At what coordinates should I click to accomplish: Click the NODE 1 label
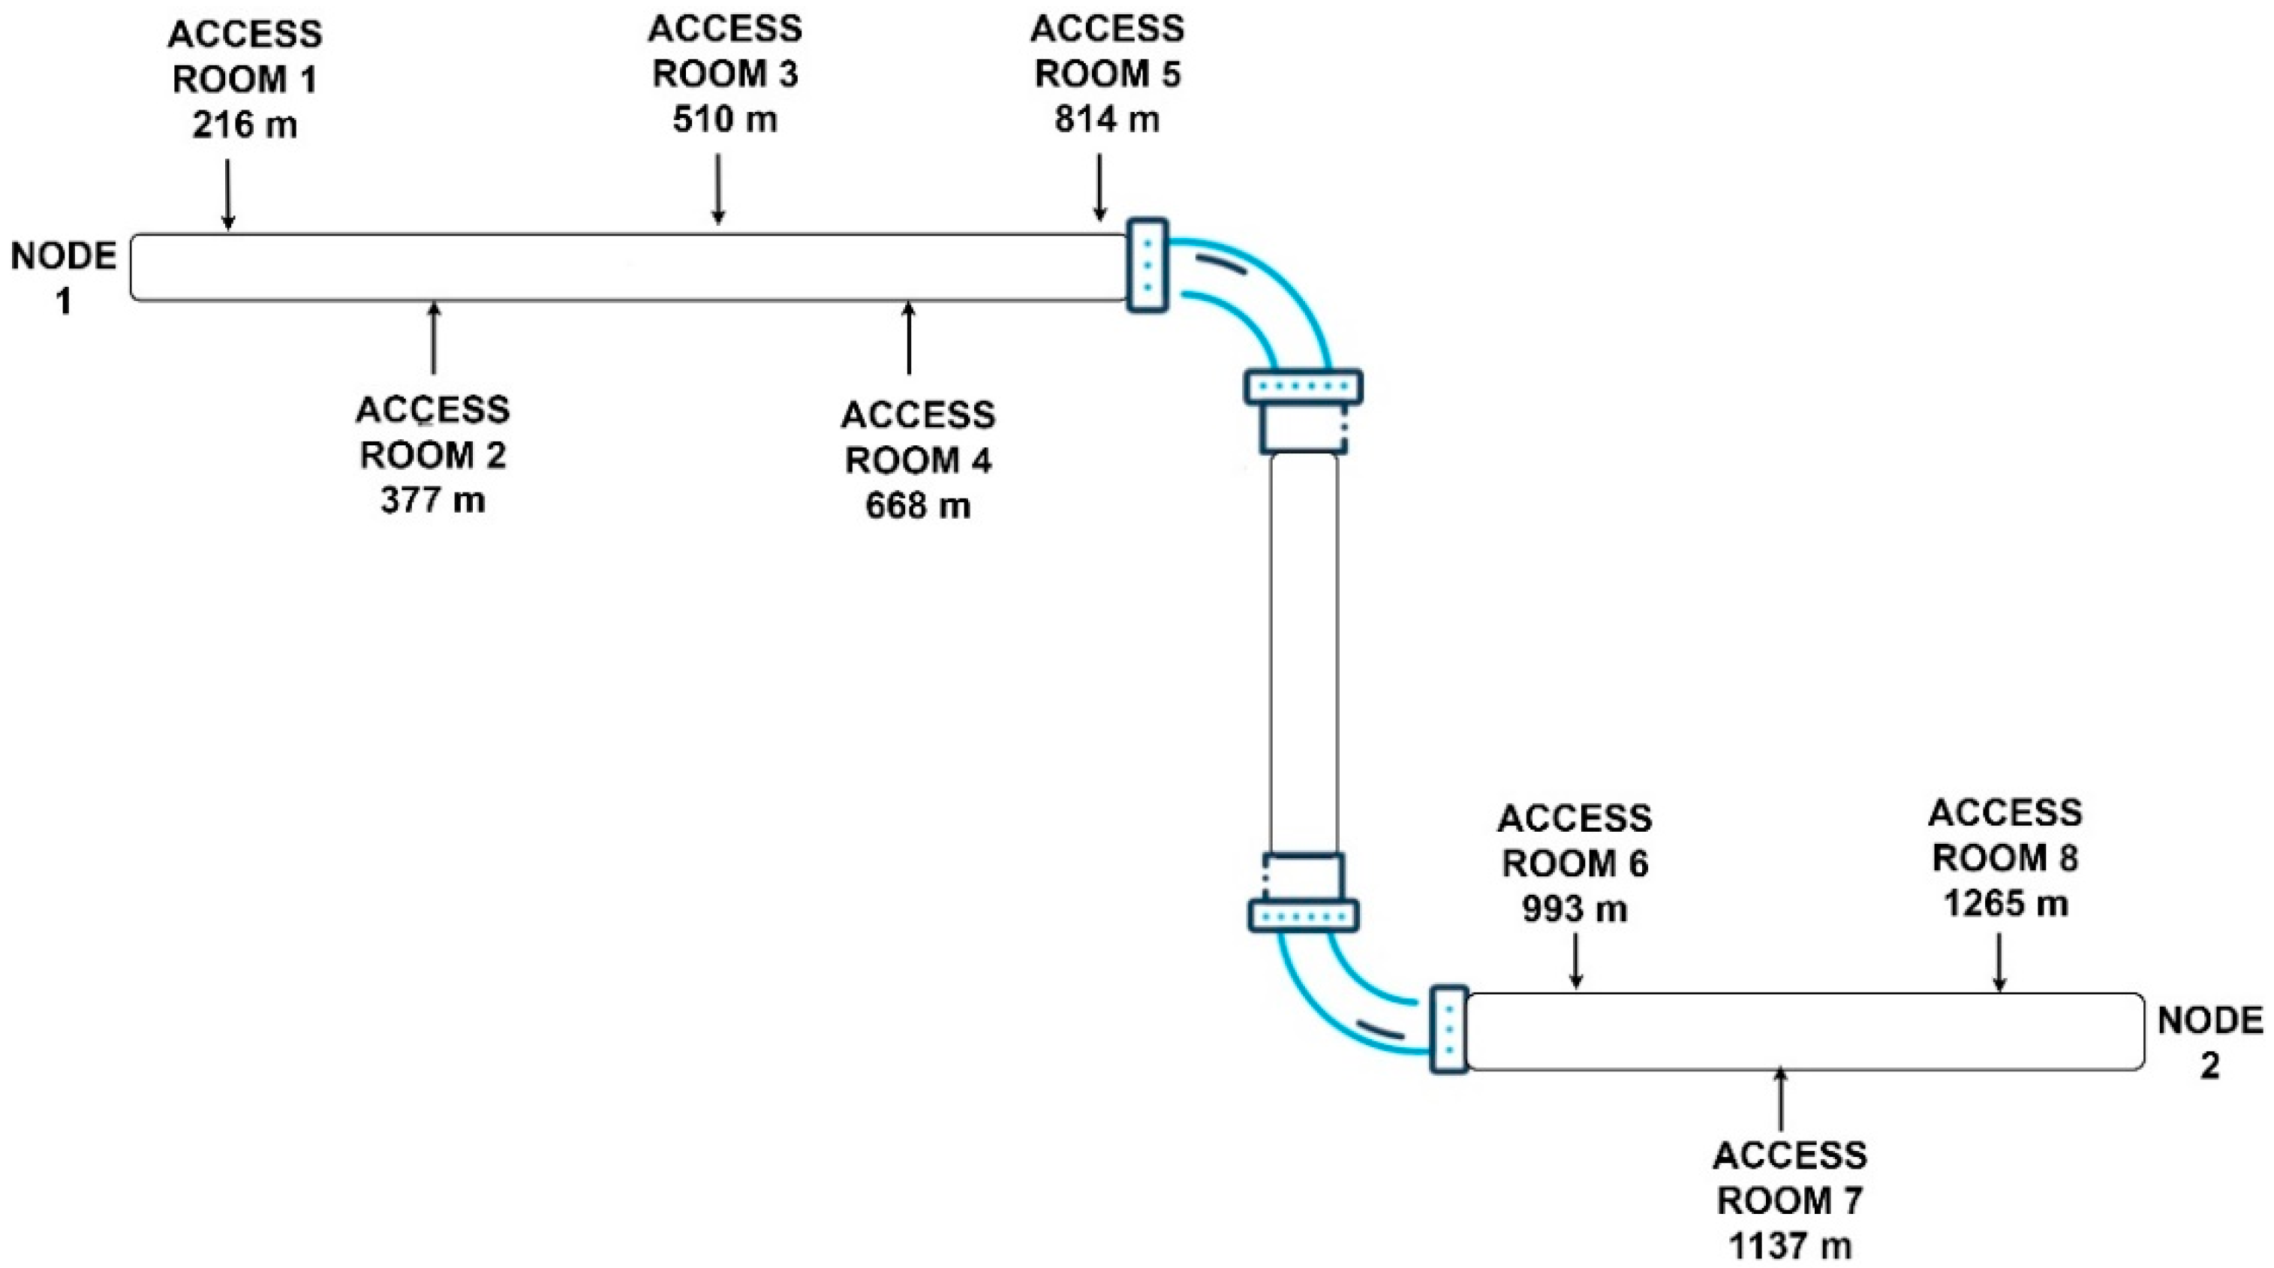63,278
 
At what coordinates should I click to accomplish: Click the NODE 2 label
2209,1043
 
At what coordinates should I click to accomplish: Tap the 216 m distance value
245,125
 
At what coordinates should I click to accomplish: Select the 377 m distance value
432,501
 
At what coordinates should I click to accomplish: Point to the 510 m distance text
725,119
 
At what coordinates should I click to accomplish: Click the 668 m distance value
918,506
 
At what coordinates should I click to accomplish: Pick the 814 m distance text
1107,119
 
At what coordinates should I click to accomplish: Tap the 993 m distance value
1575,908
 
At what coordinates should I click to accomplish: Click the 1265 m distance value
2005,903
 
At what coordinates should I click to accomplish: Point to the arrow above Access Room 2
432,337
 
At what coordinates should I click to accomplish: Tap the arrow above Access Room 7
1780,1098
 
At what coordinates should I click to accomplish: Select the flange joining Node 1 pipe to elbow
1148,265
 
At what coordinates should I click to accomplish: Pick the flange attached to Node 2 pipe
1448,1029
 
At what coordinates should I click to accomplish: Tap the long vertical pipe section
1304,653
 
